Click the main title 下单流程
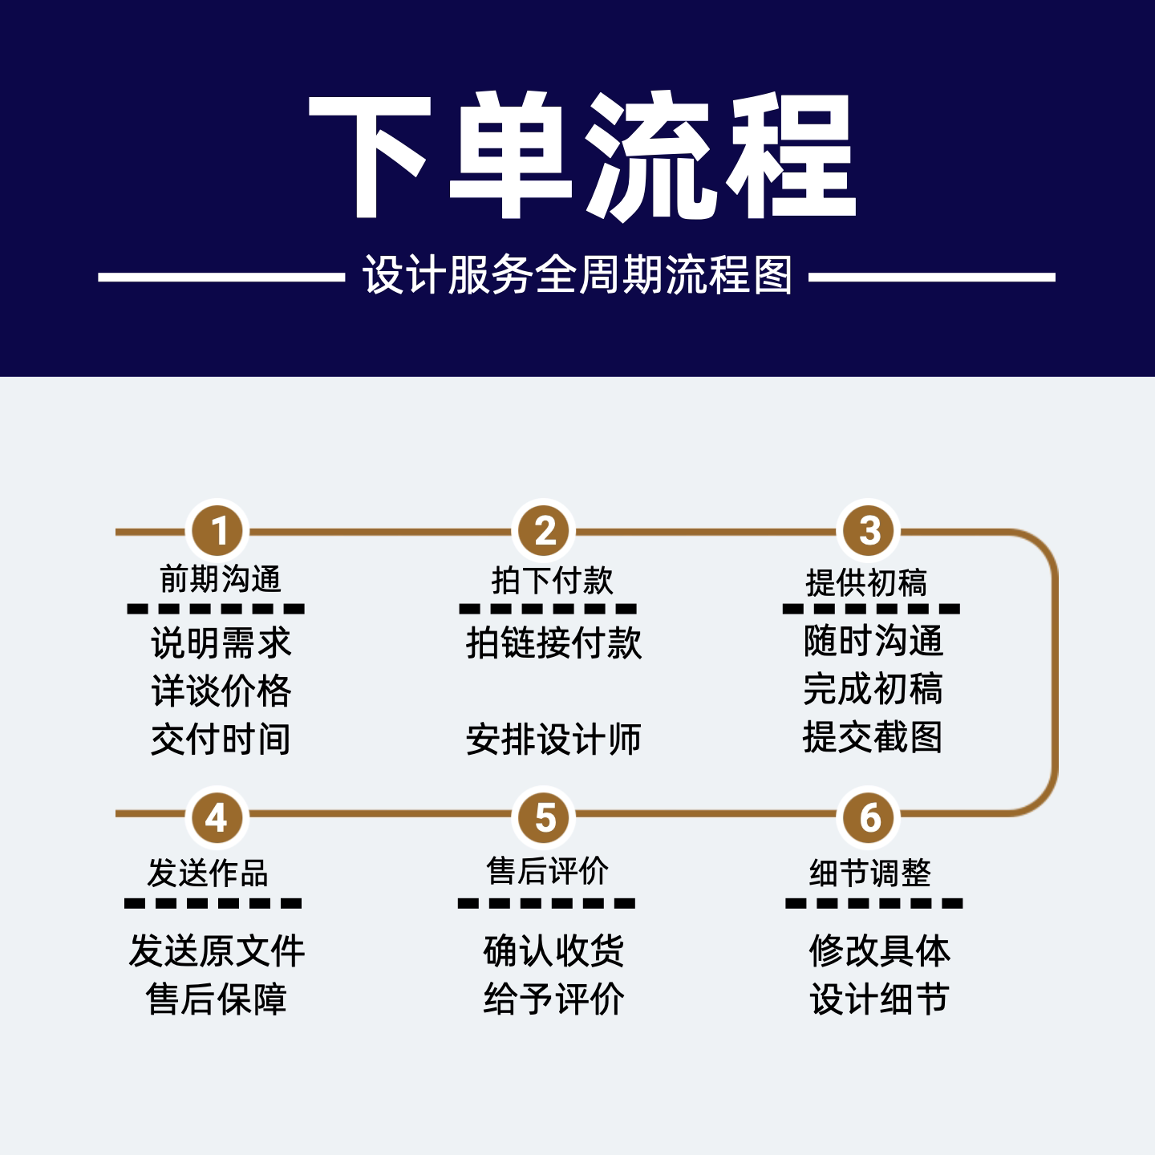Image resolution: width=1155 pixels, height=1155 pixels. click(582, 155)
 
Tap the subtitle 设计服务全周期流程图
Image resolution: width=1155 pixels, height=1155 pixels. click(577, 275)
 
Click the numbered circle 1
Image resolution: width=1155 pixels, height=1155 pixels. click(217, 530)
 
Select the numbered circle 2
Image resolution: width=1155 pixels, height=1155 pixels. click(544, 530)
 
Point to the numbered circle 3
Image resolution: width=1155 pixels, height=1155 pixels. click(869, 530)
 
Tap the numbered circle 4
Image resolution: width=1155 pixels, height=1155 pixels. click(217, 817)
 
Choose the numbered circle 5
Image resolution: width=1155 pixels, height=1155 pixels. click(544, 817)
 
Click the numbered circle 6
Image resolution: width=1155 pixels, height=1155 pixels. click(869, 817)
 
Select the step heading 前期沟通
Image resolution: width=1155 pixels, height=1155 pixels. click(220, 579)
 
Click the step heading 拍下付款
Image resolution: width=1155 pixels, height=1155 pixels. click(552, 580)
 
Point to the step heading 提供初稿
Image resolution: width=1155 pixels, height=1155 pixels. click(866, 582)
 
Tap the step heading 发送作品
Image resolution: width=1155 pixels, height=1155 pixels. click(208, 873)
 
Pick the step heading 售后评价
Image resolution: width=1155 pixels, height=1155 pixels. click(547, 870)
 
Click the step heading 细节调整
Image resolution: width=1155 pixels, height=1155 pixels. click(870, 873)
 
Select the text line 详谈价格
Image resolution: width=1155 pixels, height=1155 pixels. click(221, 691)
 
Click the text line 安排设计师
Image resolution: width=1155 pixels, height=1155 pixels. click(553, 739)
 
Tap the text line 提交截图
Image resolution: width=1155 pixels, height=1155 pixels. click(873, 736)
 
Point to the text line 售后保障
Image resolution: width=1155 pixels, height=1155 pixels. click(216, 999)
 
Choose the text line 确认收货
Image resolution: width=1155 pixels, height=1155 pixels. click(553, 950)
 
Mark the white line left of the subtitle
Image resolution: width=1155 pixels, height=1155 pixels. click(221, 277)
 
